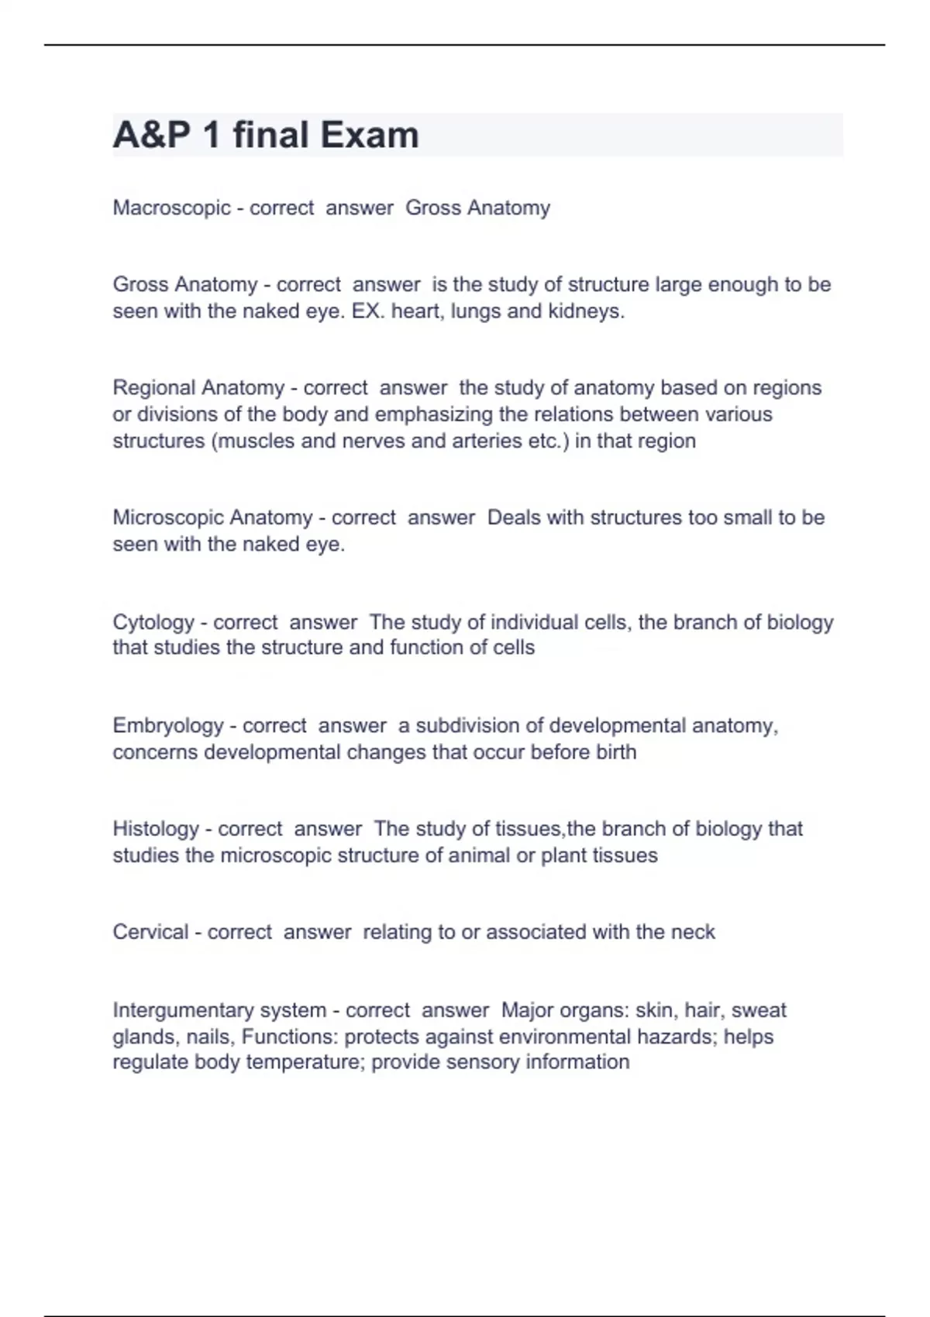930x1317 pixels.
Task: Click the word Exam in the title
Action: pyautogui.click(x=369, y=135)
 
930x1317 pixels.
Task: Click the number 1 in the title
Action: pyautogui.click(x=211, y=135)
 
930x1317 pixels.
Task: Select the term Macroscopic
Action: pyautogui.click(x=171, y=208)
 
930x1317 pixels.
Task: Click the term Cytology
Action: pyautogui.click(x=153, y=622)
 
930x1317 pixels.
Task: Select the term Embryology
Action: pyautogui.click(x=167, y=726)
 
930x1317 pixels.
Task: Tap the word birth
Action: pyautogui.click(x=616, y=752)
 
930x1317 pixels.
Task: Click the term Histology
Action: pyautogui.click(x=156, y=829)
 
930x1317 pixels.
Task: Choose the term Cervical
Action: pyautogui.click(x=150, y=932)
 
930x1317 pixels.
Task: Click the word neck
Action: pyautogui.click(x=693, y=932)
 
